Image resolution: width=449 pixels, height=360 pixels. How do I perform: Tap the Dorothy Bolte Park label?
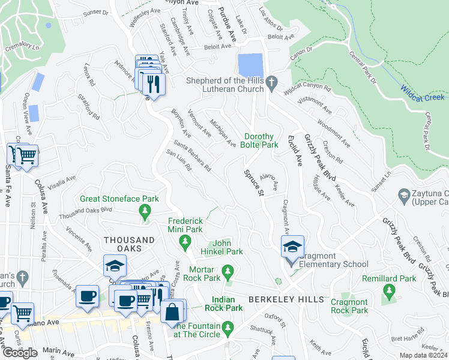(260, 140)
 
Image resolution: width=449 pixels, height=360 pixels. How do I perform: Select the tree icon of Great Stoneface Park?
(144, 211)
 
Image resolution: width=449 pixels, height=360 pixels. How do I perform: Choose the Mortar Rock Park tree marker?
(228, 272)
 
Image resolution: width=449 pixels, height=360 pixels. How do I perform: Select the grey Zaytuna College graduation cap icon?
(404, 194)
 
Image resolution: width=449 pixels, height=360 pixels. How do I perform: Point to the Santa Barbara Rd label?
(192, 156)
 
